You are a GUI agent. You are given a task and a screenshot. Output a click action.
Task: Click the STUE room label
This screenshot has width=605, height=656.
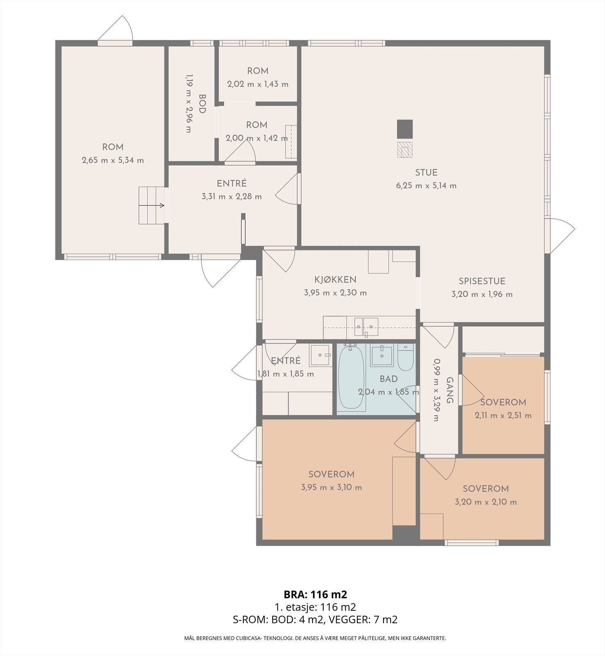426,173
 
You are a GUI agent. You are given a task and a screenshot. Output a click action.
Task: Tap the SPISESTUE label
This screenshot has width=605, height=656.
482,281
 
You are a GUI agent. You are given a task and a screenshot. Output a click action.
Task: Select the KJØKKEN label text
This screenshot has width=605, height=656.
336,280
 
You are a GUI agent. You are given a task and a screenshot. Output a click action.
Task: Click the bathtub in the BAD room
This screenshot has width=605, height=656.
351,377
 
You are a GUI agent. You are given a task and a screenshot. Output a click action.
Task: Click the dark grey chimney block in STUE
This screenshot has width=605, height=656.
405,129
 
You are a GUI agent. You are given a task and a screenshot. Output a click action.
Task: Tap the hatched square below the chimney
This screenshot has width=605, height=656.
405,150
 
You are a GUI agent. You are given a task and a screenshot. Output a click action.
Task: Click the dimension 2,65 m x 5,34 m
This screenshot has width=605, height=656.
113,160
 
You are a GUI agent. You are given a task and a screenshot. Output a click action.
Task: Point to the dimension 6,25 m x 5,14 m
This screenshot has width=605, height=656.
426,186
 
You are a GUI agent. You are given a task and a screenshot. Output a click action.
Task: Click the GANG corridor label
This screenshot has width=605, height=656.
449,390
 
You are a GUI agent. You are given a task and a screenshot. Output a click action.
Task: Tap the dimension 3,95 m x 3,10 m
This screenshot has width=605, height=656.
331,487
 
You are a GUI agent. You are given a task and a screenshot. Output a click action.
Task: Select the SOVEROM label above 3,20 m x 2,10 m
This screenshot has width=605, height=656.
486,489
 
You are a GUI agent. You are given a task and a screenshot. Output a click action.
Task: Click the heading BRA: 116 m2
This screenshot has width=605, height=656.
315,594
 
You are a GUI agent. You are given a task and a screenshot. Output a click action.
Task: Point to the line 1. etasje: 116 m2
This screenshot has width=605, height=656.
315,607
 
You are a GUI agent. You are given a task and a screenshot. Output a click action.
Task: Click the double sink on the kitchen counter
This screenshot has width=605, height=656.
365,326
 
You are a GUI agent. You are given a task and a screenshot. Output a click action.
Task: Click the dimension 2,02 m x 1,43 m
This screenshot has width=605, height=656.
258,84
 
